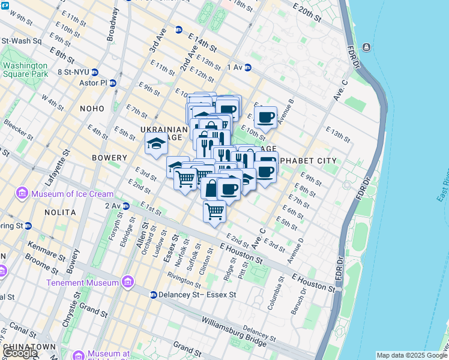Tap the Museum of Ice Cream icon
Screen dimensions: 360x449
pos(22,193)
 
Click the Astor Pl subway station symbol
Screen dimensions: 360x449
pos(112,83)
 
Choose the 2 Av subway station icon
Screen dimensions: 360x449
pos(126,206)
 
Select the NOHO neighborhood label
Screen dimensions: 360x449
pos(92,108)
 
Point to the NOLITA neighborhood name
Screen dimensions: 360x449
pos(60,212)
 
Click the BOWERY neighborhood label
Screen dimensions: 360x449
pos(110,158)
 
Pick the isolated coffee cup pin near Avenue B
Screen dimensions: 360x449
pos(265,117)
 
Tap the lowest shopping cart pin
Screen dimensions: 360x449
pos(214,211)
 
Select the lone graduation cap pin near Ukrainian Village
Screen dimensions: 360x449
pos(156,143)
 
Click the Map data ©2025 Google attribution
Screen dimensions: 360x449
pos(412,355)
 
